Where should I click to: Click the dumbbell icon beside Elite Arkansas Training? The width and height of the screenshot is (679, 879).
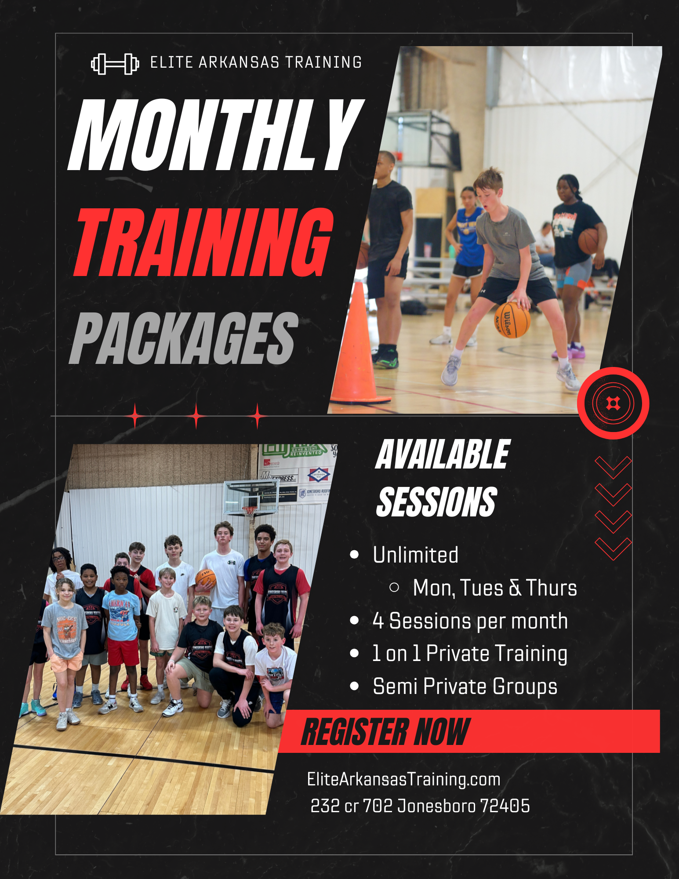[x=115, y=64]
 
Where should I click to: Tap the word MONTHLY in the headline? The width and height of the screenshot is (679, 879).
[x=215, y=135]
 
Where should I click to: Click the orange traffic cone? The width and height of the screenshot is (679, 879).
[x=358, y=347]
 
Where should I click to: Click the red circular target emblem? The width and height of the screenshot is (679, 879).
[x=613, y=403]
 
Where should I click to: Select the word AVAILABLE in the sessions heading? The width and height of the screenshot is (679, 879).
[x=443, y=455]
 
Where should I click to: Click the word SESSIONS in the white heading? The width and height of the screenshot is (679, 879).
[x=437, y=502]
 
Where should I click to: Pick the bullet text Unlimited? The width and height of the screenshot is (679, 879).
[x=415, y=555]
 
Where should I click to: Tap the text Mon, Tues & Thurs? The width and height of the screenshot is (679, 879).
[x=494, y=588]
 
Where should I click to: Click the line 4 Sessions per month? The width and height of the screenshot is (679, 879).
[x=470, y=621]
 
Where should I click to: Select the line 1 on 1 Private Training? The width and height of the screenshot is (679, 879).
[x=469, y=654]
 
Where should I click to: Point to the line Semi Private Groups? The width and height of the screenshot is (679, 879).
[x=465, y=686]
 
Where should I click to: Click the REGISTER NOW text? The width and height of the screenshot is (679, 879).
[x=386, y=732]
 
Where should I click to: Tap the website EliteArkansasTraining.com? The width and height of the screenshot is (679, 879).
[x=403, y=779]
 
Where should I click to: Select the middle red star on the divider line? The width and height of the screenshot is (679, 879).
[x=196, y=416]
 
